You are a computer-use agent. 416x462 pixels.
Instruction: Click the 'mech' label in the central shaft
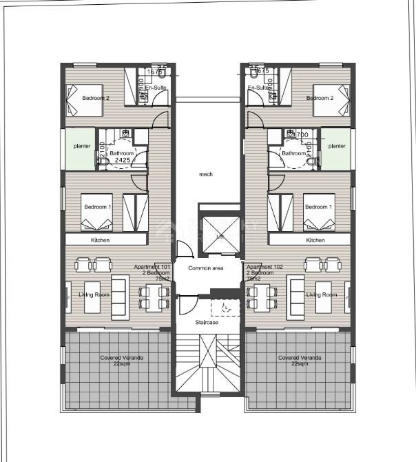[206, 174]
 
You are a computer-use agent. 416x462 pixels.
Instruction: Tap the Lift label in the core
[220, 237]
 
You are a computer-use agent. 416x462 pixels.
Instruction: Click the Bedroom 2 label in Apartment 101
[96, 98]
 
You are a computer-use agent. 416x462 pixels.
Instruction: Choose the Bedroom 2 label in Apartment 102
[320, 98]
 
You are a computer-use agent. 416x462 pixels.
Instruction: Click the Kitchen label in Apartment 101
[100, 240]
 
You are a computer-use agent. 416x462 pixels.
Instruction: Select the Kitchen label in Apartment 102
[315, 240]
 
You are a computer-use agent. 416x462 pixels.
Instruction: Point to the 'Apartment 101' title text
[154, 267]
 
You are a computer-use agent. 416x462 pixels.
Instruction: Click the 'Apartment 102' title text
[262, 267]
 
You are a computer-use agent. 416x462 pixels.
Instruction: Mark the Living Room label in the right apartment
[322, 294]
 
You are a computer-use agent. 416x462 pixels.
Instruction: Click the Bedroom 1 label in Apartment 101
[97, 207]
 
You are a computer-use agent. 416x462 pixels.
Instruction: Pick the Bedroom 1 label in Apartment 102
[318, 207]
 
